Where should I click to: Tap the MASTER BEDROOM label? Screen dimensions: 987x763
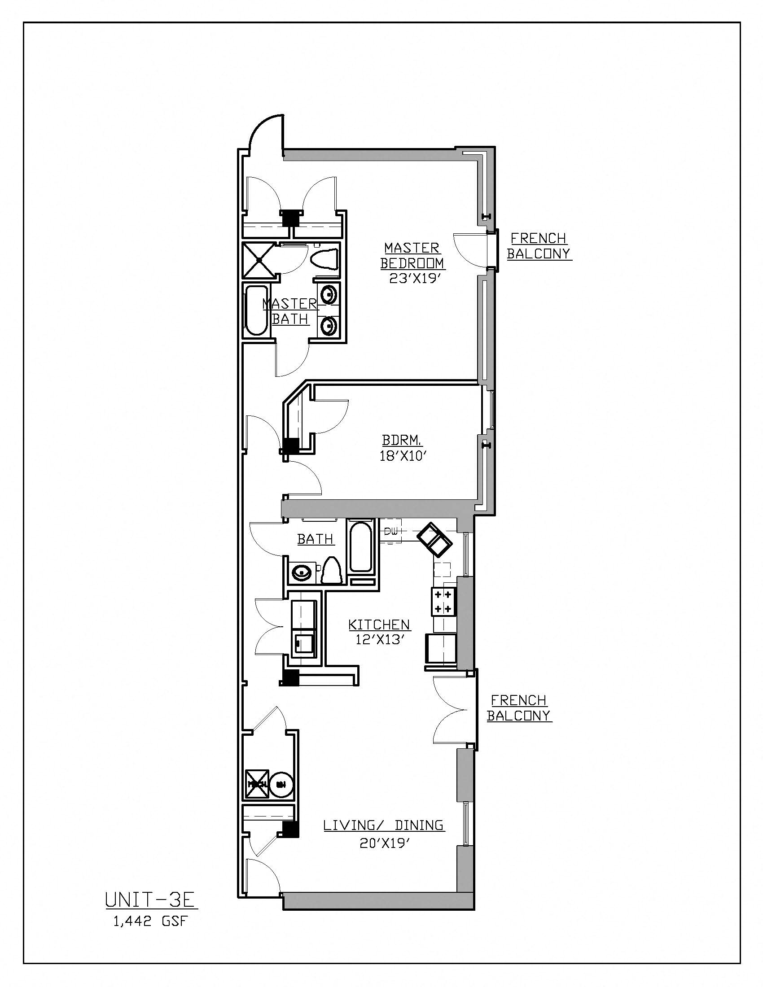(x=412, y=255)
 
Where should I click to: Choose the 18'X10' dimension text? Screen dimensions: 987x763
(x=403, y=456)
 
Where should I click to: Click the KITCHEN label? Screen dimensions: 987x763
(x=379, y=625)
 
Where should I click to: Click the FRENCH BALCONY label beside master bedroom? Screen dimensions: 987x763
(x=539, y=246)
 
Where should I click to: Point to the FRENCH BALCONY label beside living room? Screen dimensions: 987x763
(x=519, y=708)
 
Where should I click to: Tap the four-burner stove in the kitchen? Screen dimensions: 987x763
(x=443, y=602)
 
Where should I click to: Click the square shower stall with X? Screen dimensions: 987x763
(x=258, y=260)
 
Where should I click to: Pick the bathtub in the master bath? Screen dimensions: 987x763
(x=256, y=311)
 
